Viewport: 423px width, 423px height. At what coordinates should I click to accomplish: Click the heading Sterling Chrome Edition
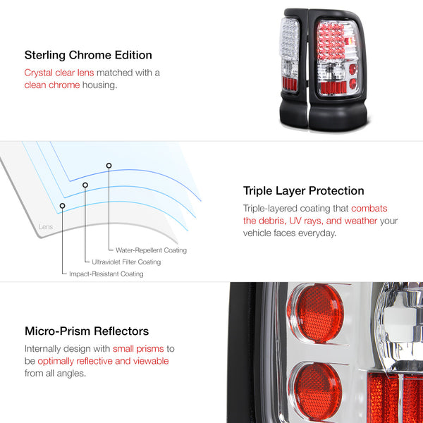click(88, 55)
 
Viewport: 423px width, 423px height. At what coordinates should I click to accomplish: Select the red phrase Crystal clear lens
click(59, 73)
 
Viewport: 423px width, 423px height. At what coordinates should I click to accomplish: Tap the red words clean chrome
click(52, 85)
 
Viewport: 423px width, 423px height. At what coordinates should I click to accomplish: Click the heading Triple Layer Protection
click(303, 191)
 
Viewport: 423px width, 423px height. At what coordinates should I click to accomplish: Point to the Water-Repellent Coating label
click(151, 250)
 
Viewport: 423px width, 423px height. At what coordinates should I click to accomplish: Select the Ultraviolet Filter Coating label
click(126, 262)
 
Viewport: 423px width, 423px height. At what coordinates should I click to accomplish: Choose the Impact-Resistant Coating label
click(106, 274)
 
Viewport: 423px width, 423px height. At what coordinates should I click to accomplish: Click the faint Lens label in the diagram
click(46, 227)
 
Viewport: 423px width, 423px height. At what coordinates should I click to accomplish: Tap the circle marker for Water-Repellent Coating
click(109, 166)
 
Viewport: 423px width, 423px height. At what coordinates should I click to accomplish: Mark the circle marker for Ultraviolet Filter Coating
click(85, 185)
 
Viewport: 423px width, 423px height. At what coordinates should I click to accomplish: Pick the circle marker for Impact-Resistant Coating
click(62, 206)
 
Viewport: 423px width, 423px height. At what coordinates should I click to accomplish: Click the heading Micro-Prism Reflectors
click(87, 331)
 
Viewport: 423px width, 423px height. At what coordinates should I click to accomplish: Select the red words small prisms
click(138, 348)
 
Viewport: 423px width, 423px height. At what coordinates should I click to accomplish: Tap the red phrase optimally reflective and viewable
click(103, 361)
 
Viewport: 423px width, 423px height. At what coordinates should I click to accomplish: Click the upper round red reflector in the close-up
click(316, 313)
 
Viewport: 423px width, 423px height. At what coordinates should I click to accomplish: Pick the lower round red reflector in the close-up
click(316, 390)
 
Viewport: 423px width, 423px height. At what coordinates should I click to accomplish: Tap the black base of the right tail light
click(338, 116)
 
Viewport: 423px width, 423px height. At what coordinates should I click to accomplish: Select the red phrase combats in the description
click(369, 208)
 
